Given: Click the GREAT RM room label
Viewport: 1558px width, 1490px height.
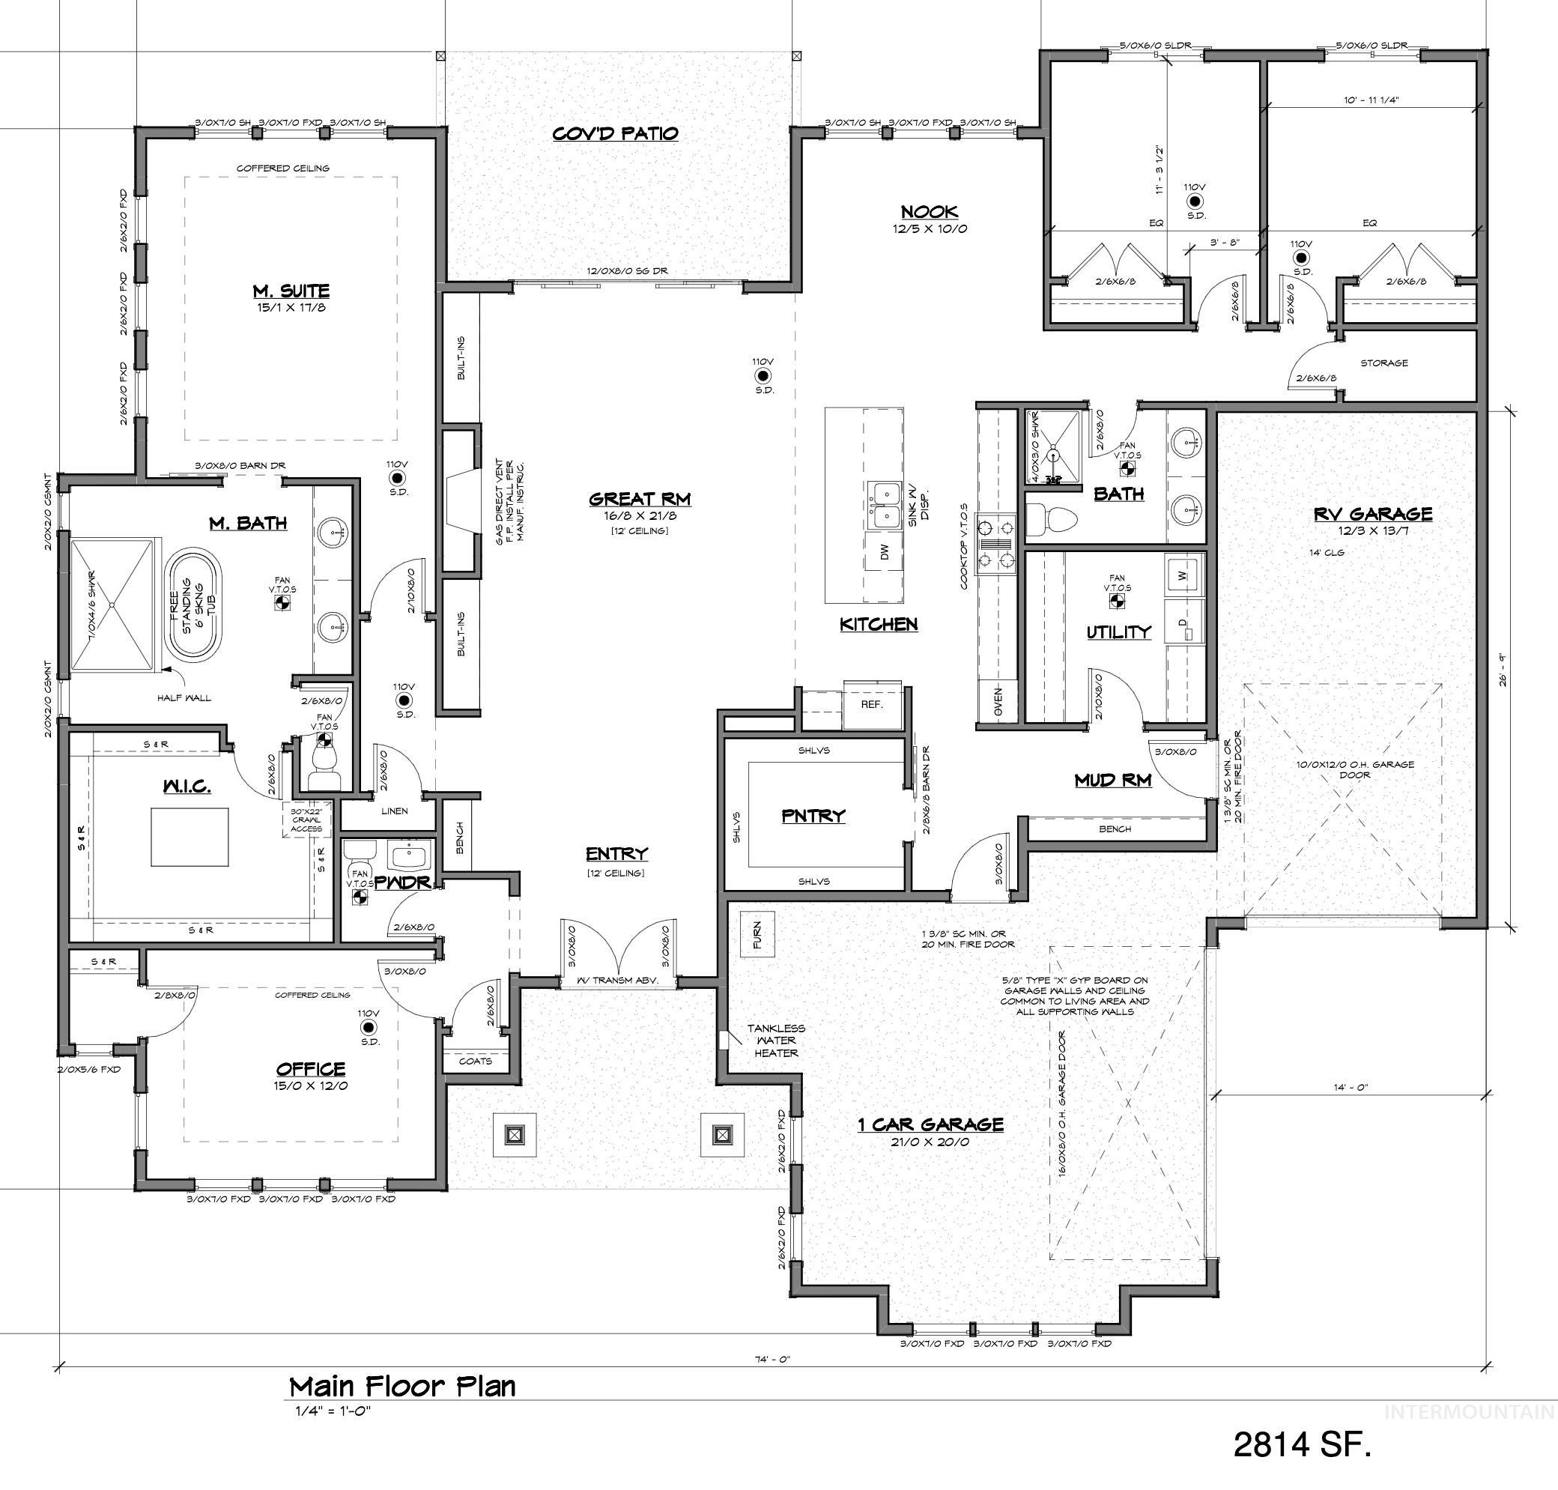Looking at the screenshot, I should [639, 500].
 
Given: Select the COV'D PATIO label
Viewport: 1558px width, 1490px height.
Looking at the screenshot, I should [616, 133].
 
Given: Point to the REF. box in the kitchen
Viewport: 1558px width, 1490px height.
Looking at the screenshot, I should [871, 703].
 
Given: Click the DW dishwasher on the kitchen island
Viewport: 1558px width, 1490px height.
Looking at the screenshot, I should [884, 551].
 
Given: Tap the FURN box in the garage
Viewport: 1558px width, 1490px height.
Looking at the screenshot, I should [756, 935].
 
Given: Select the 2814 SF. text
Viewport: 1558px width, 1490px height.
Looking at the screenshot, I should [1302, 1444].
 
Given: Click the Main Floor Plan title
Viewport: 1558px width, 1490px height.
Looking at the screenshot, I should [401, 1386].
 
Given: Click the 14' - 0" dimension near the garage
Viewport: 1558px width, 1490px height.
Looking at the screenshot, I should [1350, 1087].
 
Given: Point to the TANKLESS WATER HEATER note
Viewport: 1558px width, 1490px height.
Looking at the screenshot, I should [776, 1041].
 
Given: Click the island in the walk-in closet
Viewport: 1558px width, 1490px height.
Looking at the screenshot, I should [190, 836].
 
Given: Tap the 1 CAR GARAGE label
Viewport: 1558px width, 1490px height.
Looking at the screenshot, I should [930, 1124].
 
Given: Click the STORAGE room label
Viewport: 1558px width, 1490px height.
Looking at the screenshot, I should [1384, 363].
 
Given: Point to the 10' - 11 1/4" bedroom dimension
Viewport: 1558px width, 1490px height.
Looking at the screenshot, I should [1371, 100].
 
